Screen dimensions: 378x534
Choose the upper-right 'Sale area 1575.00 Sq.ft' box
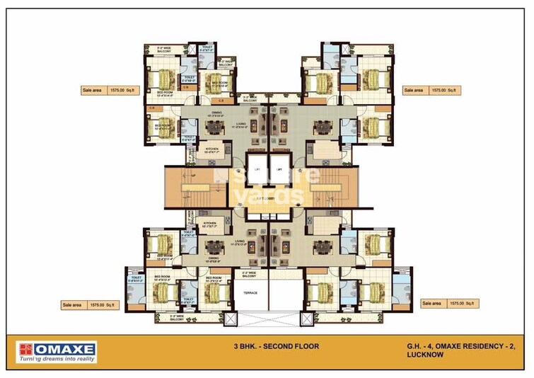[431, 91]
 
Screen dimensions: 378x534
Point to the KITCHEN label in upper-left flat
[211, 149]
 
